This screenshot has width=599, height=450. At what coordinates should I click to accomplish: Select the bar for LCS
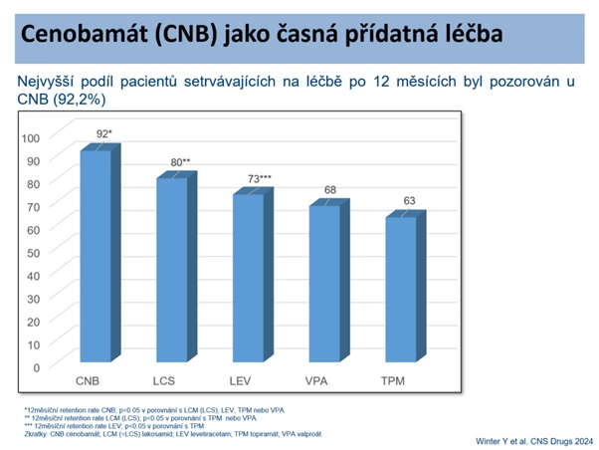click(x=172, y=269)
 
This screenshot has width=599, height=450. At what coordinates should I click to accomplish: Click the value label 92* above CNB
click(x=103, y=133)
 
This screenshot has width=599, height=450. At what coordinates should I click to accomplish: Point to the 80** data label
click(x=179, y=161)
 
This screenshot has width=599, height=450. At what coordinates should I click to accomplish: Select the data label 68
click(x=330, y=189)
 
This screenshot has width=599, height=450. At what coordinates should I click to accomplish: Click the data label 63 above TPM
click(x=407, y=200)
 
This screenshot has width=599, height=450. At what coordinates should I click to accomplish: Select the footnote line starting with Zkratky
click(x=169, y=432)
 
